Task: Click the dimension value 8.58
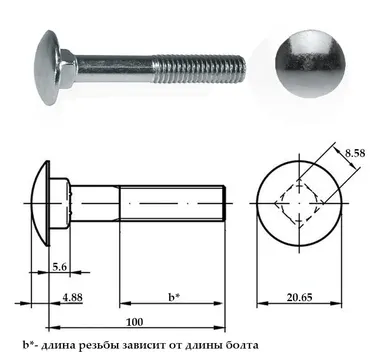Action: [355, 153]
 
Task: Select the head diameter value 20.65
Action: [299, 297]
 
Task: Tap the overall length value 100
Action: [135, 322]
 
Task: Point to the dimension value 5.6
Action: [60, 267]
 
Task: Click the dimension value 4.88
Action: [72, 297]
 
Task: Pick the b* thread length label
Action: [174, 297]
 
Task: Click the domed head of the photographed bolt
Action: [47, 67]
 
